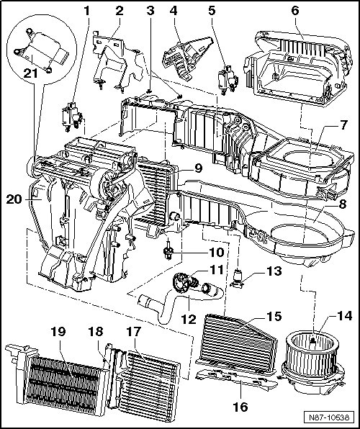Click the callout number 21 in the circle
[x=30, y=73]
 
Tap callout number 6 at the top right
[x=295, y=11]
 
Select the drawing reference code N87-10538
[x=329, y=417]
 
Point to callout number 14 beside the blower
[x=344, y=316]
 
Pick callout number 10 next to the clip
[x=216, y=252]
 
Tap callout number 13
[x=274, y=271]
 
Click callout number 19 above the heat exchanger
[x=58, y=332]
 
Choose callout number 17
[x=133, y=332]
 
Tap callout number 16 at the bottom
[x=240, y=407]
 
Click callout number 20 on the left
[x=14, y=199]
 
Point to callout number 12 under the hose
[x=189, y=319]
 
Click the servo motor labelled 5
[x=228, y=81]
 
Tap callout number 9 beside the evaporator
[x=198, y=168]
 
